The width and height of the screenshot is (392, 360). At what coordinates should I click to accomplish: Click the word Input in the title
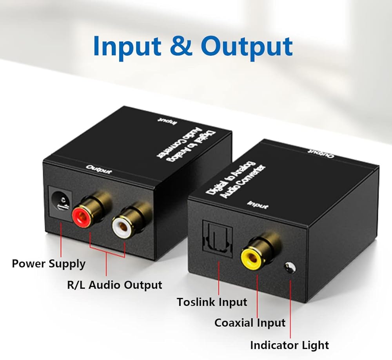(x=127, y=46)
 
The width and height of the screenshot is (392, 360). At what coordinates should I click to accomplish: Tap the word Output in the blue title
(x=247, y=46)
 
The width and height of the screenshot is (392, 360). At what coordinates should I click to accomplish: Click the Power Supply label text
(x=49, y=264)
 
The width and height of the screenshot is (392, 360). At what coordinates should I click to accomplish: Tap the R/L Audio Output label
(x=114, y=285)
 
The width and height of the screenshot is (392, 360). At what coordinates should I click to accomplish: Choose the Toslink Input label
(x=212, y=302)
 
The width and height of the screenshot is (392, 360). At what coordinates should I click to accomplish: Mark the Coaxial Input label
(x=250, y=323)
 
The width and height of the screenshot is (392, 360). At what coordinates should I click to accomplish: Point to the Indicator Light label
(x=289, y=345)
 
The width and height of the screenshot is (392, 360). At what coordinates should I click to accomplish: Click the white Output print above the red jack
(x=99, y=170)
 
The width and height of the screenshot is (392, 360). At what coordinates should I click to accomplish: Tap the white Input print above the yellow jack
(x=258, y=205)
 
